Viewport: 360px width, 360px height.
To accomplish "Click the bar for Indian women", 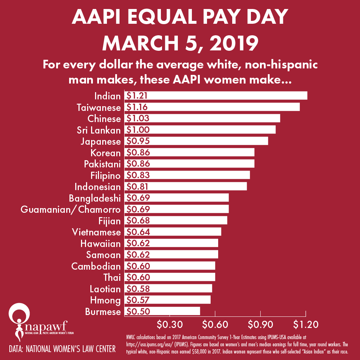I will pos(216,96).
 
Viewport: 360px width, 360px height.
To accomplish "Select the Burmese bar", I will pos(162,311).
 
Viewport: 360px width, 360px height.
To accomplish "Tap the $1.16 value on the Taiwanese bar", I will pos(136,107).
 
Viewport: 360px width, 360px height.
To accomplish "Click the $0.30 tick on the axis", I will pos(170,324).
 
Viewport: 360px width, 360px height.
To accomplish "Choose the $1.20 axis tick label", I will pos(306,324).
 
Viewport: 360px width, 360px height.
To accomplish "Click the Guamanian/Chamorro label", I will pos(71,209).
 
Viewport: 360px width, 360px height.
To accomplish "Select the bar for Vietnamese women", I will pos(173,232).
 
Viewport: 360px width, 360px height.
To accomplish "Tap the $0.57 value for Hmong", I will pos(136,300).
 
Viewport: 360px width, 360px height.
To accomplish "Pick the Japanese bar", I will pos(196,141).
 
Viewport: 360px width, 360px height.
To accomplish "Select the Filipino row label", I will pos(105,175).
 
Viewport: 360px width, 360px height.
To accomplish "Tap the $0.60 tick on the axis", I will pos(215,324).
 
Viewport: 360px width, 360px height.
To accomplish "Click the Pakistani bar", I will pos(189,164).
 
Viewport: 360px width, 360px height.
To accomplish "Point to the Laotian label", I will pos(105,289).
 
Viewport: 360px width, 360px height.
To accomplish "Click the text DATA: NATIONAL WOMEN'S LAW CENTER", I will pos(62,348).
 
